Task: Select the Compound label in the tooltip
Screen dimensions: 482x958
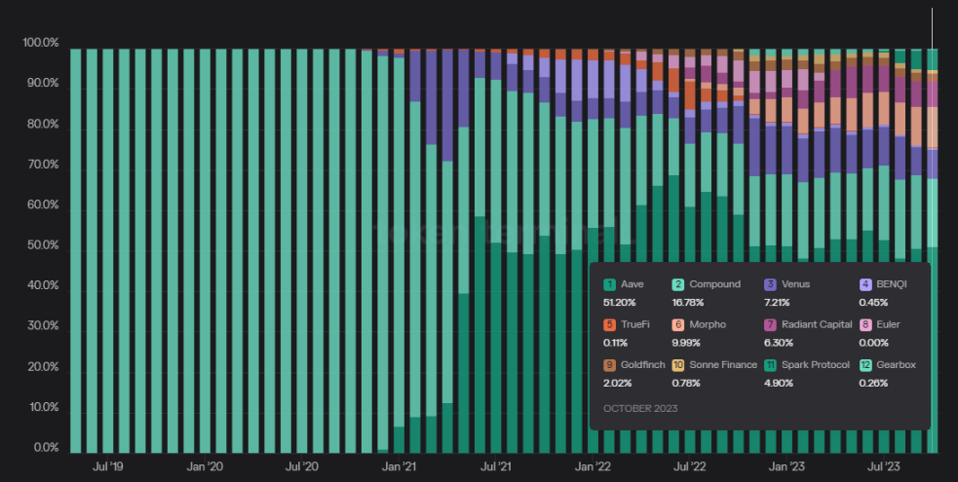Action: (714, 284)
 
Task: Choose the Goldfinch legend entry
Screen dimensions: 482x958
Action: (641, 365)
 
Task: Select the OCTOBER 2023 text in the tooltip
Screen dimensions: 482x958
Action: (640, 408)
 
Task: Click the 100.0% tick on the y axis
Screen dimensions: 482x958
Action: (40, 44)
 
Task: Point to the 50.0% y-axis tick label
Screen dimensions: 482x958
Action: (42, 246)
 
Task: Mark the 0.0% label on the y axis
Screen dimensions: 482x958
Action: (45, 449)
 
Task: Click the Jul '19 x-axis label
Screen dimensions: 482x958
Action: (107, 467)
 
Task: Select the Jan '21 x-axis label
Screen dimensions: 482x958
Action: (401, 467)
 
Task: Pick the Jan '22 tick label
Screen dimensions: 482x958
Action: (594, 467)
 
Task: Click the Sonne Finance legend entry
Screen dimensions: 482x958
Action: (722, 365)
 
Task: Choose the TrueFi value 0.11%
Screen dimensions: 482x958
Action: (616, 343)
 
